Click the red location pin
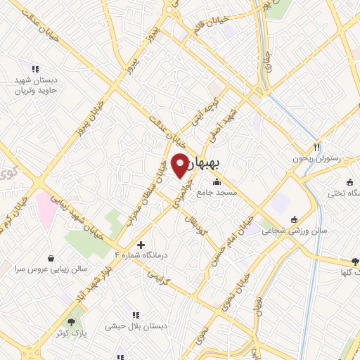click(x=180, y=165)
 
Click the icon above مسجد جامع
click(x=216, y=182)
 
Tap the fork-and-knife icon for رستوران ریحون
click(x=316, y=147)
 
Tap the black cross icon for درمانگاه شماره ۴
click(x=141, y=245)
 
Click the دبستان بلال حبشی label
click(x=134, y=326)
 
